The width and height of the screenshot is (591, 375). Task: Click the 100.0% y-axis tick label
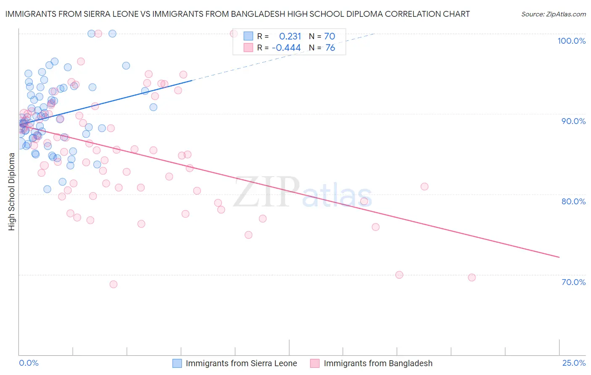(571, 41)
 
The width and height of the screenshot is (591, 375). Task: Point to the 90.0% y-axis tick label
(573, 121)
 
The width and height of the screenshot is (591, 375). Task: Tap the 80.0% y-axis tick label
(573, 201)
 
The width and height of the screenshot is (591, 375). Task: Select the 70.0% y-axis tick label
(573, 282)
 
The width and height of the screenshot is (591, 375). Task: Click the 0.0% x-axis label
(29, 363)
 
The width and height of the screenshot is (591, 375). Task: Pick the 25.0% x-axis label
(574, 363)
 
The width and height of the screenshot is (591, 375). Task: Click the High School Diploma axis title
(12, 191)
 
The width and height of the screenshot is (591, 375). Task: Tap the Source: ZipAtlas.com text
(553, 14)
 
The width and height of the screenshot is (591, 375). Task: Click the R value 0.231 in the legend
(290, 37)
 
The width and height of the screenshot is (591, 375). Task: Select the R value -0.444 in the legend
(286, 48)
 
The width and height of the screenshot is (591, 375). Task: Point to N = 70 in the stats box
(322, 37)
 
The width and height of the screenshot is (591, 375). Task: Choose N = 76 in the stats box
(322, 48)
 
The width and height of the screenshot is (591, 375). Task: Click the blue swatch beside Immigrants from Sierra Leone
(177, 363)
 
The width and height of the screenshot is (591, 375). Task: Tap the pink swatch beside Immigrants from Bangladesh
(315, 363)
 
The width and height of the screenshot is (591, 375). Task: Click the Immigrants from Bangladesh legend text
(378, 363)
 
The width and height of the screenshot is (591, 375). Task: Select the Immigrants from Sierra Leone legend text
(241, 363)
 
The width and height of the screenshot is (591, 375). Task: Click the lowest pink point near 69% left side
(113, 284)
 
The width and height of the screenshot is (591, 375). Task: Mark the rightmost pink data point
(472, 277)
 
